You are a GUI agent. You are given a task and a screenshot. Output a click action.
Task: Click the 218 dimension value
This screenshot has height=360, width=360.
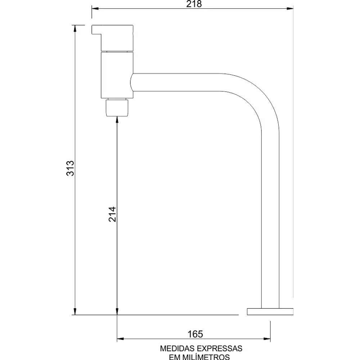tap(194, 4)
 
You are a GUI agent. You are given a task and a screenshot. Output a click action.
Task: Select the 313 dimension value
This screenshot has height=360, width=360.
tap(70, 168)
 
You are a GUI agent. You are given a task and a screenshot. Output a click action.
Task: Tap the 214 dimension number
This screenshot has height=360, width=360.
tap(112, 215)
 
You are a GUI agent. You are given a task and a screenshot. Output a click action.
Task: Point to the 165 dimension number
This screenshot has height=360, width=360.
tap(195, 334)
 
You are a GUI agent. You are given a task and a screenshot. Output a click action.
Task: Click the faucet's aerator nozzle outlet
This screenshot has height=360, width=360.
tap(117, 108)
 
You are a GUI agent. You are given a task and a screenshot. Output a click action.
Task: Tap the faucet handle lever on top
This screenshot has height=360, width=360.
tap(112, 38)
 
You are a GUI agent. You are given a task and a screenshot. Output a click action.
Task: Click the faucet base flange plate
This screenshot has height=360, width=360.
tap(270, 311)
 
